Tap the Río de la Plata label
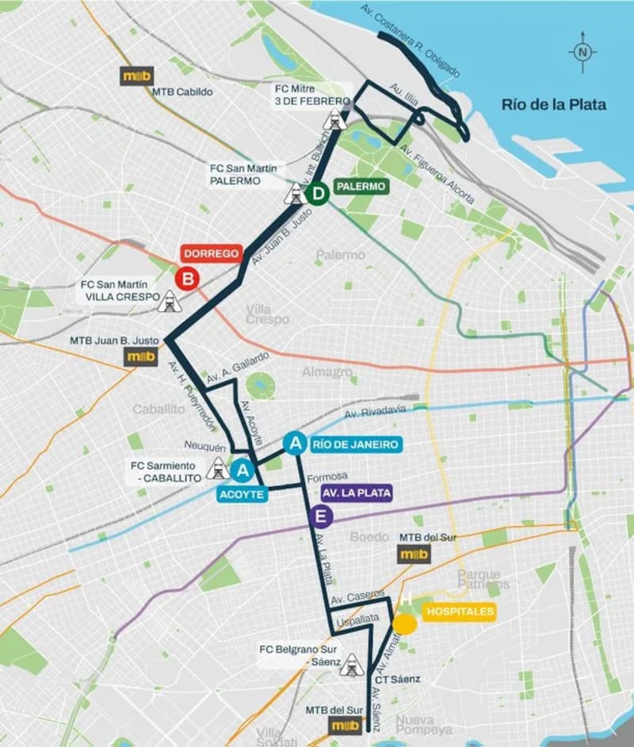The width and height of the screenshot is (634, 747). point(553,104)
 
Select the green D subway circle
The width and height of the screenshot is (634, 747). point(317,193)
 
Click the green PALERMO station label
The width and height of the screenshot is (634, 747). point(361,187)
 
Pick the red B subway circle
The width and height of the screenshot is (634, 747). point(187,278)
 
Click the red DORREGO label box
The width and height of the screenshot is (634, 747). point(211,254)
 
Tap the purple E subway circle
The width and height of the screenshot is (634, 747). point(320,518)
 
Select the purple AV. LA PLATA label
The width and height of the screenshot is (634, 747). point(356,493)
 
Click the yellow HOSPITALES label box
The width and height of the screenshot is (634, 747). point(460,612)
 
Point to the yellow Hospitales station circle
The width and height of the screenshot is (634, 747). point(405,624)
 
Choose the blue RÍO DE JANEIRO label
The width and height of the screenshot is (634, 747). point(355,444)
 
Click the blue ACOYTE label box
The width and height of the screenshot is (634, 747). point(243,494)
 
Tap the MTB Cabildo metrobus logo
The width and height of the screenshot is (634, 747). point(136,76)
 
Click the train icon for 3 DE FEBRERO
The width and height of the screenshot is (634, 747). point(334,120)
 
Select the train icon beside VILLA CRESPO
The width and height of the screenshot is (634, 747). point(169,301)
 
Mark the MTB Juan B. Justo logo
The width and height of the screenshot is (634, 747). point(142,357)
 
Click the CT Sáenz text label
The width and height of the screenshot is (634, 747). point(397,679)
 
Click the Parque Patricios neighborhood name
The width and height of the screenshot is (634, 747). point(479,578)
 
